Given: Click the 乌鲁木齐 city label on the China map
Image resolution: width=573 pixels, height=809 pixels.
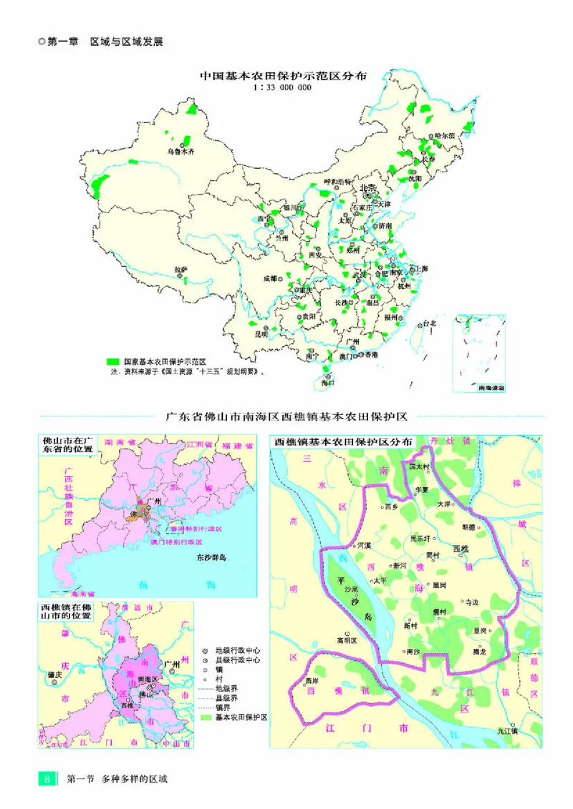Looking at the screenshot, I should (x=180, y=152).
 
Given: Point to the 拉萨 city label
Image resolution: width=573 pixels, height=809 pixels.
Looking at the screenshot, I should (x=181, y=269).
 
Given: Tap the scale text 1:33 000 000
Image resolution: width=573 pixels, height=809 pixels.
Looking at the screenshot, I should (x=282, y=88).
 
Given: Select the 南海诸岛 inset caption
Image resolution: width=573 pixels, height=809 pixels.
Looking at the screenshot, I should (x=491, y=387).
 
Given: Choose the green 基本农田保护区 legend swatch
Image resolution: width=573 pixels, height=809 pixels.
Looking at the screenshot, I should (x=207, y=716).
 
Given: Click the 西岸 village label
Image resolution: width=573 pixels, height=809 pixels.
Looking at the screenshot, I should (x=310, y=680).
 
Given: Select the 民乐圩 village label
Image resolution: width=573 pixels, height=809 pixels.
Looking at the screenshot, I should (x=420, y=539).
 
